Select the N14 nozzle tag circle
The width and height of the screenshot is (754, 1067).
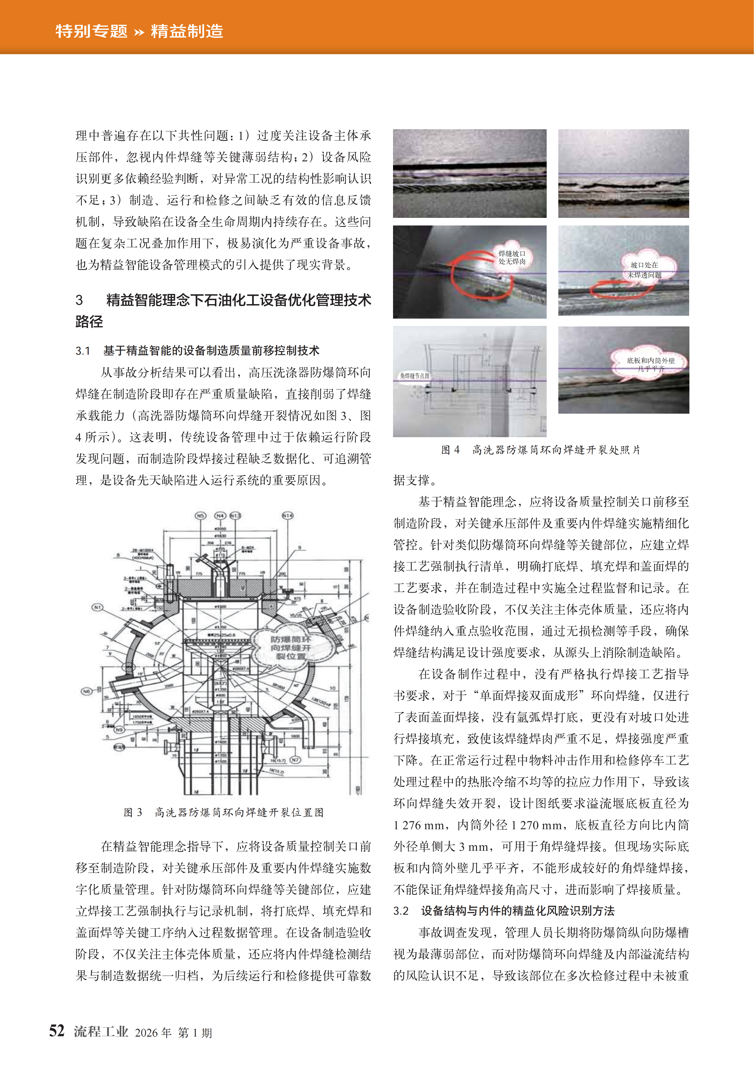[x=288, y=515]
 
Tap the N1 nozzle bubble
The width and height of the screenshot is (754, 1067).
[x=97, y=607]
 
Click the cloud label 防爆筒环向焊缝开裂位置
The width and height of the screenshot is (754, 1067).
[x=291, y=648]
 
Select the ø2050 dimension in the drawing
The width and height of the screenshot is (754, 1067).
[x=220, y=529]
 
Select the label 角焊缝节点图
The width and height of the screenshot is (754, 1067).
[x=415, y=375]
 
